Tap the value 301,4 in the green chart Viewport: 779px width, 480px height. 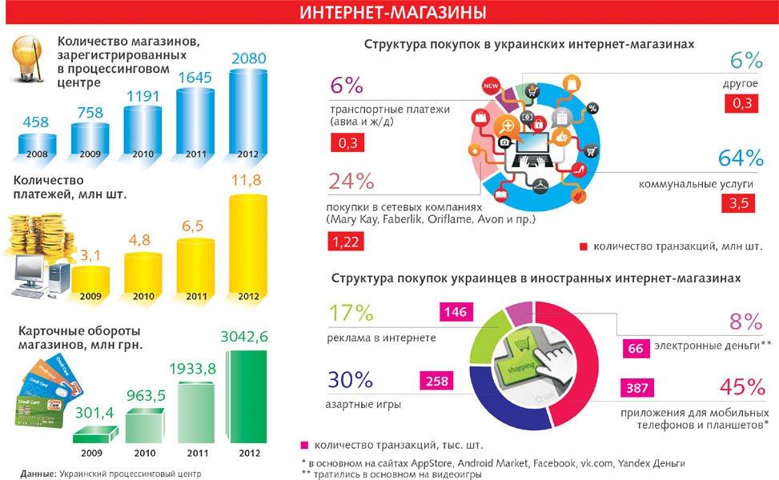point(90,414)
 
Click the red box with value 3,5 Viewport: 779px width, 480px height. point(737,204)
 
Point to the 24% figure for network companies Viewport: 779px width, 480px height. point(351,181)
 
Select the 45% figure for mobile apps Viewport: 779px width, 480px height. point(738,388)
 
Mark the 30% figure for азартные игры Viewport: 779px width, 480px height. point(350,380)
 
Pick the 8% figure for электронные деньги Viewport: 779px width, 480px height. point(745,322)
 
